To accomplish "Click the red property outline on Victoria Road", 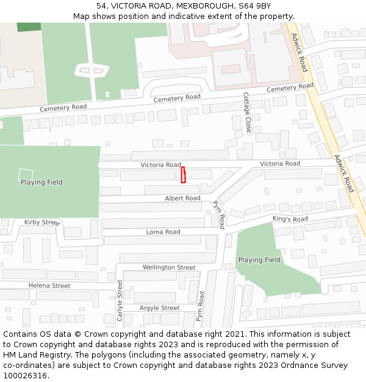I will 183,175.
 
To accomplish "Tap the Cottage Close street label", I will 247,113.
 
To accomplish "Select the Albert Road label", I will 182,199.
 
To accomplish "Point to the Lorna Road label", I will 163,232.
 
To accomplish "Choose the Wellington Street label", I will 169,268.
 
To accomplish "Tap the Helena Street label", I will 49,286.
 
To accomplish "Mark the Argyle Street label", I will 159,308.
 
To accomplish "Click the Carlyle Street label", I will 120,300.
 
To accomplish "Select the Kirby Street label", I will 41,222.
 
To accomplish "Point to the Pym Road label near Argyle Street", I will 200,306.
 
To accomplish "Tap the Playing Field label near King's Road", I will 259,260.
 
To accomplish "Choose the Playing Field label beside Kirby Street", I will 41,182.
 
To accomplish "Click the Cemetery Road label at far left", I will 63,109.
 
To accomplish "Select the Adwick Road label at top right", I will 300,53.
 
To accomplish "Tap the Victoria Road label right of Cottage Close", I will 280,164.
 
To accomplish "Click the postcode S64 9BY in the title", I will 254,6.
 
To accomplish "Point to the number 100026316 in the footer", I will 25,376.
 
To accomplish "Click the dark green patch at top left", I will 29,27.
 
